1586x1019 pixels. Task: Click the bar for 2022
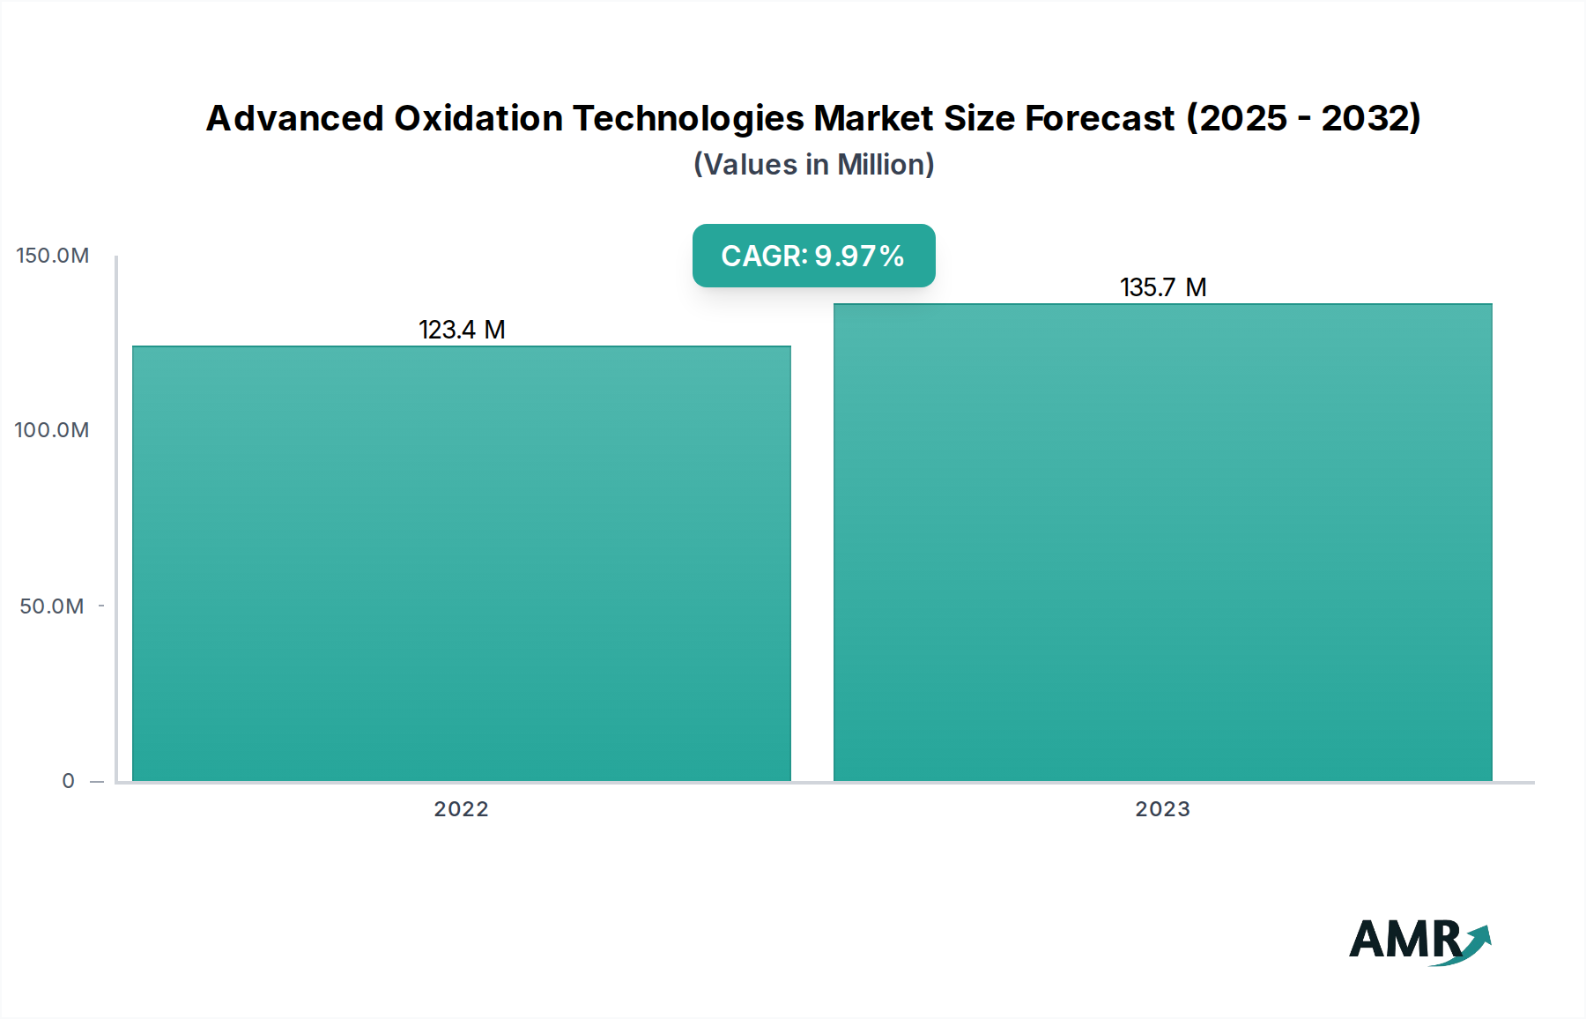(462, 564)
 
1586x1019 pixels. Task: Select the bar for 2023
(1163, 542)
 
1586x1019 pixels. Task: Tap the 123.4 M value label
(462, 330)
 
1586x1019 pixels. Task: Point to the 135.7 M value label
(1163, 287)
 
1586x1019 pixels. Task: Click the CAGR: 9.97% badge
(813, 256)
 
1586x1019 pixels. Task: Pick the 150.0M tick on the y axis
(53, 256)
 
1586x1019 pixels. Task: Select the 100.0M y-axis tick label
(52, 430)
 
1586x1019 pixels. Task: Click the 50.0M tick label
(52, 606)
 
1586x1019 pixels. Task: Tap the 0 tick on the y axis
(68, 781)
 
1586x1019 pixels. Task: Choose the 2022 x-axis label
(461, 809)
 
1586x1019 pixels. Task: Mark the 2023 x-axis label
(1162, 809)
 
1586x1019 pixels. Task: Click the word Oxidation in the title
(478, 118)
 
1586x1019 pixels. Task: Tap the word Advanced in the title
(294, 118)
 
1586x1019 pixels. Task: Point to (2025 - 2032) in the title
(1304, 118)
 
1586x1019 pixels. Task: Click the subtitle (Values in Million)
(813, 165)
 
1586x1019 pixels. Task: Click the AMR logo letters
(1404, 940)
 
